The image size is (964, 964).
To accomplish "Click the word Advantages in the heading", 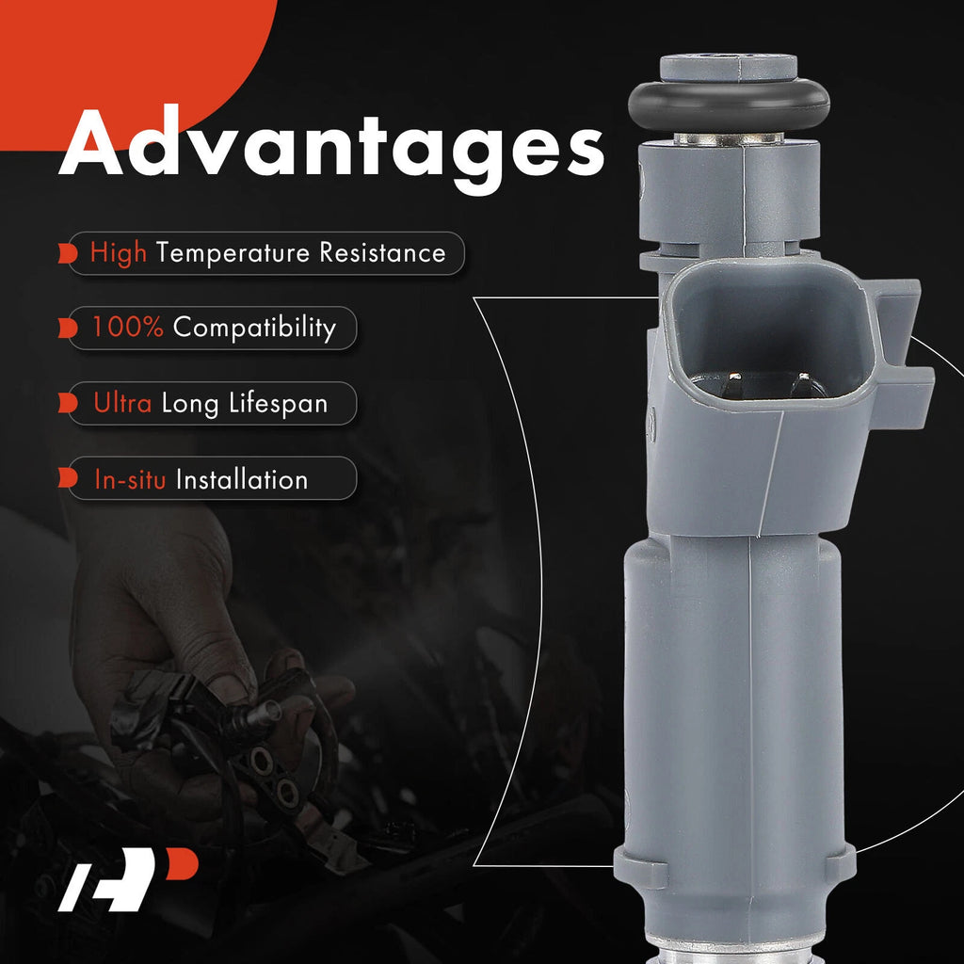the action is point(331,150).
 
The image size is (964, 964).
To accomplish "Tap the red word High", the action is point(119,252).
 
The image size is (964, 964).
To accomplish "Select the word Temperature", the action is point(233,253).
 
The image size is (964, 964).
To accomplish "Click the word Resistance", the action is point(382,252).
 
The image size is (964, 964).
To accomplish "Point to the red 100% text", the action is point(128,327).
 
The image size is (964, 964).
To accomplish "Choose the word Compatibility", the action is point(254,329).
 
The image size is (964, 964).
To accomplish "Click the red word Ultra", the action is point(122,403).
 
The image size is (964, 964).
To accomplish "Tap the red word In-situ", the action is point(130,479).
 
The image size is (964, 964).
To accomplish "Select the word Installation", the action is point(242,479).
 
